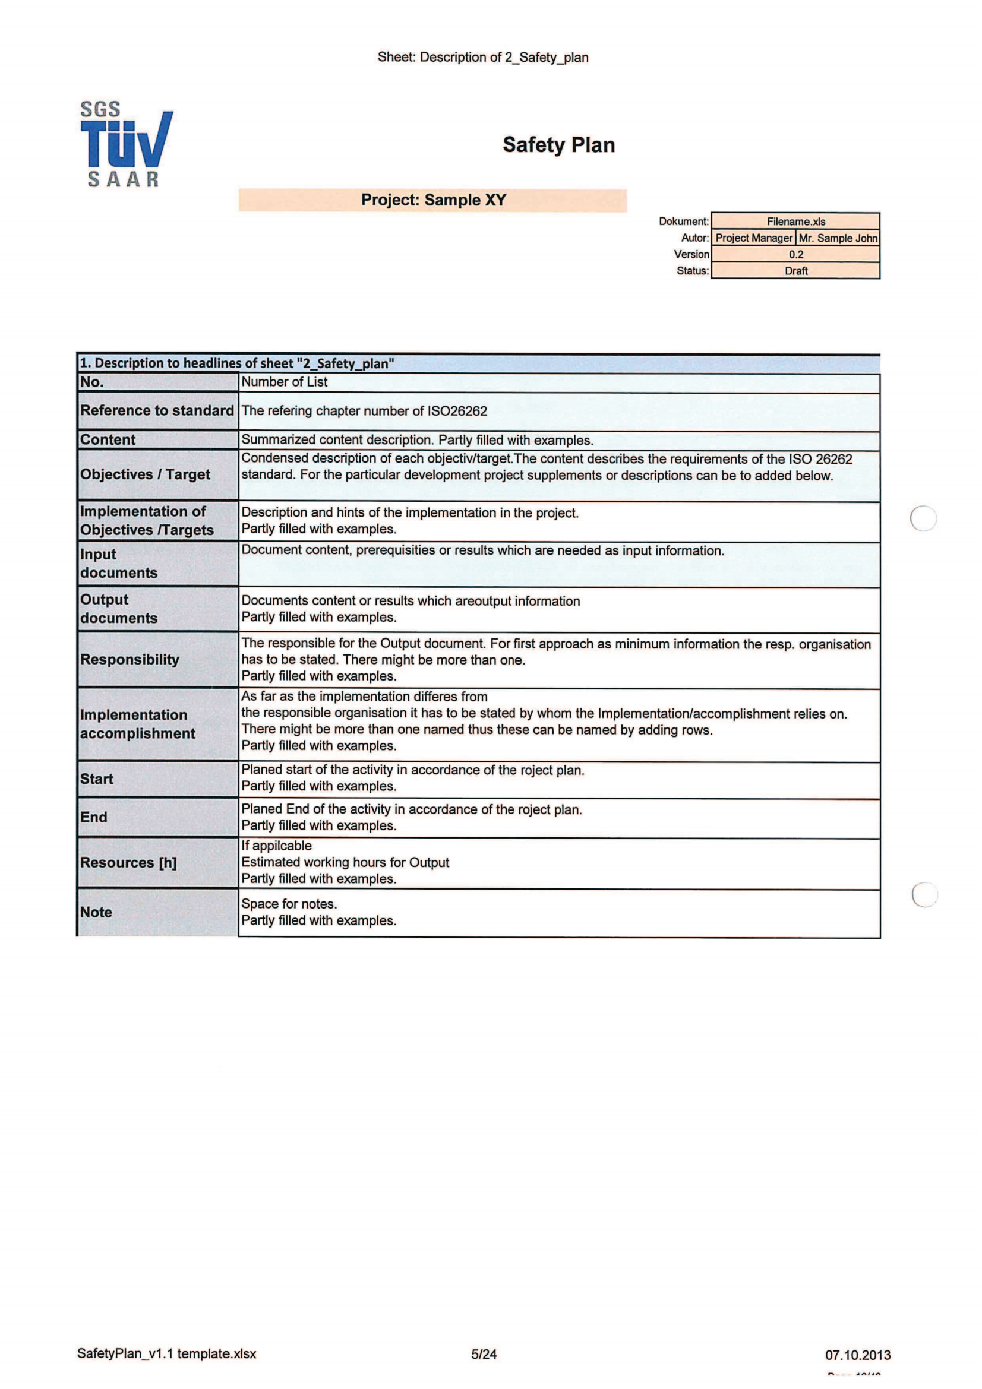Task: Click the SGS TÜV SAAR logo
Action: click(126, 144)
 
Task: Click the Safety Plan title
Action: click(558, 145)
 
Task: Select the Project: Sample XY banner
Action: click(432, 200)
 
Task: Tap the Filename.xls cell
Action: click(795, 222)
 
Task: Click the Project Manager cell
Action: click(753, 238)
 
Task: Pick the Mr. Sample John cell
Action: click(838, 238)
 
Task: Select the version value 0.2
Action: click(795, 254)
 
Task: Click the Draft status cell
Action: click(795, 270)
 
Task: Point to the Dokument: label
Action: click(683, 222)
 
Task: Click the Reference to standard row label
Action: click(157, 410)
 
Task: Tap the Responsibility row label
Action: click(130, 659)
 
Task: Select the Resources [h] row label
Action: click(128, 862)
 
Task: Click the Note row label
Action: click(96, 912)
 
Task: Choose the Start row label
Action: click(97, 779)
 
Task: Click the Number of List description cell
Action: click(285, 382)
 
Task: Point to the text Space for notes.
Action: click(289, 903)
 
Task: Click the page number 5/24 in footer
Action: click(484, 1354)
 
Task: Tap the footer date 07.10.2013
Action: click(857, 1355)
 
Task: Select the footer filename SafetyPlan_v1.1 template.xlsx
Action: click(166, 1353)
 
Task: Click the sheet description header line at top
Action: click(482, 58)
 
